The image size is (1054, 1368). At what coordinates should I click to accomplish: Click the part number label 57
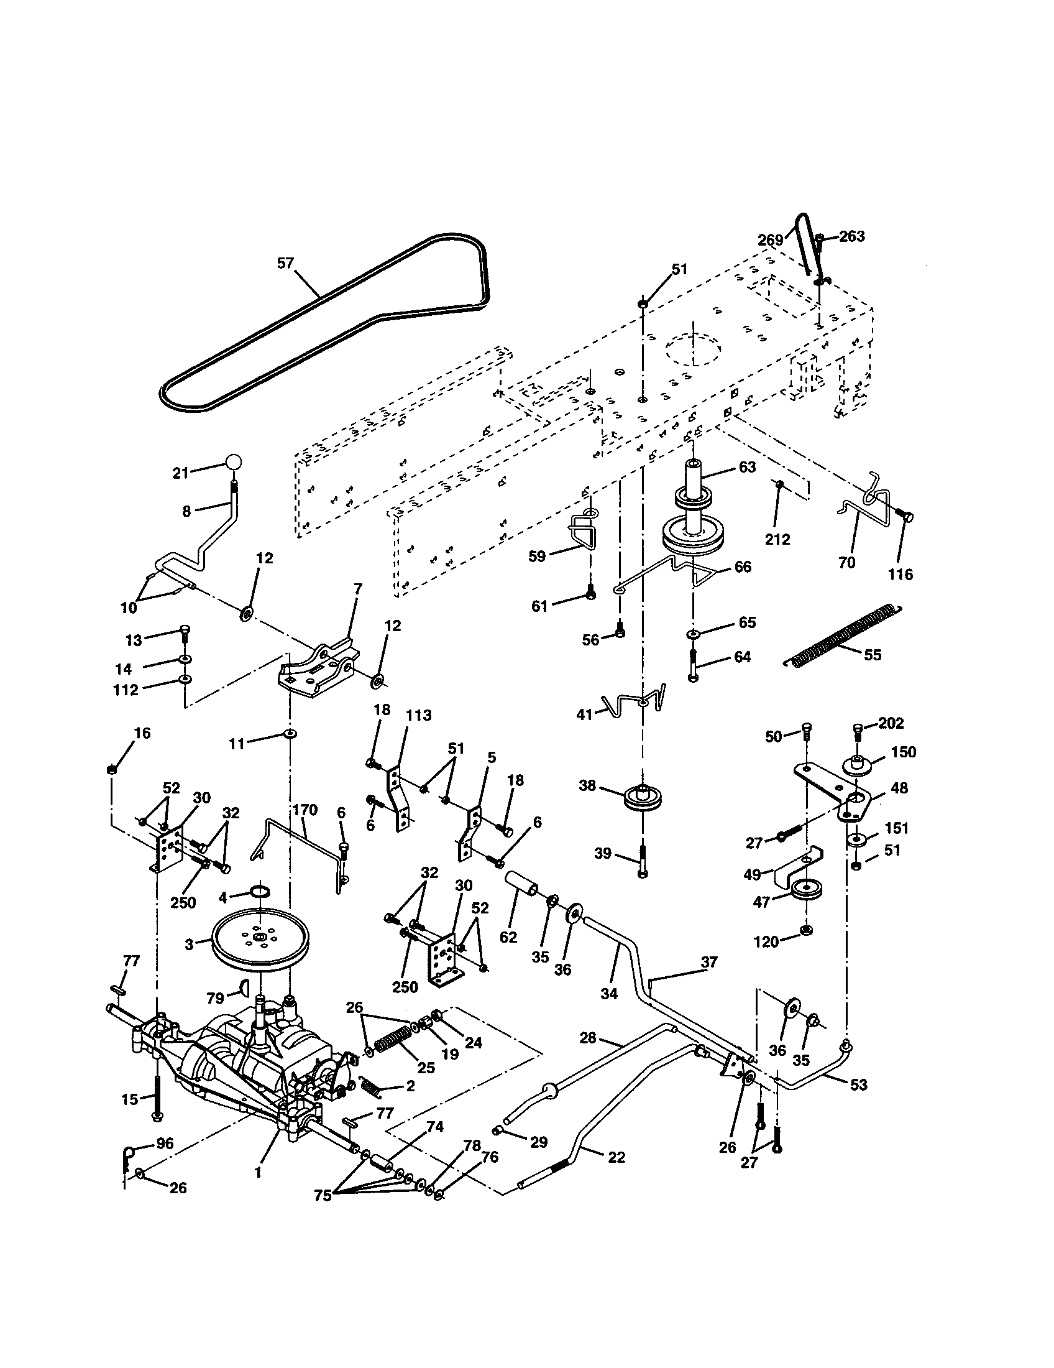click(285, 264)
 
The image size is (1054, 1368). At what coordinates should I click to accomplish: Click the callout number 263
click(852, 236)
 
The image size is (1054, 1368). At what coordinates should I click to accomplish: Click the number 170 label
click(305, 810)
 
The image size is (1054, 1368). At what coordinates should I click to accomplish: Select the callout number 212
click(777, 539)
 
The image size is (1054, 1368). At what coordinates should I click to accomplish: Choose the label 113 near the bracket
click(418, 715)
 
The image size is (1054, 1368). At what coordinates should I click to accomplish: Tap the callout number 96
click(165, 1143)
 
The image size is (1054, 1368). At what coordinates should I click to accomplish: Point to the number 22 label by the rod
click(616, 1157)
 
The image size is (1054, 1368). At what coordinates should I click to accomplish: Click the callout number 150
click(903, 752)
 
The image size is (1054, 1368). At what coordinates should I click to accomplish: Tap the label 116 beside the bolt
click(900, 574)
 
